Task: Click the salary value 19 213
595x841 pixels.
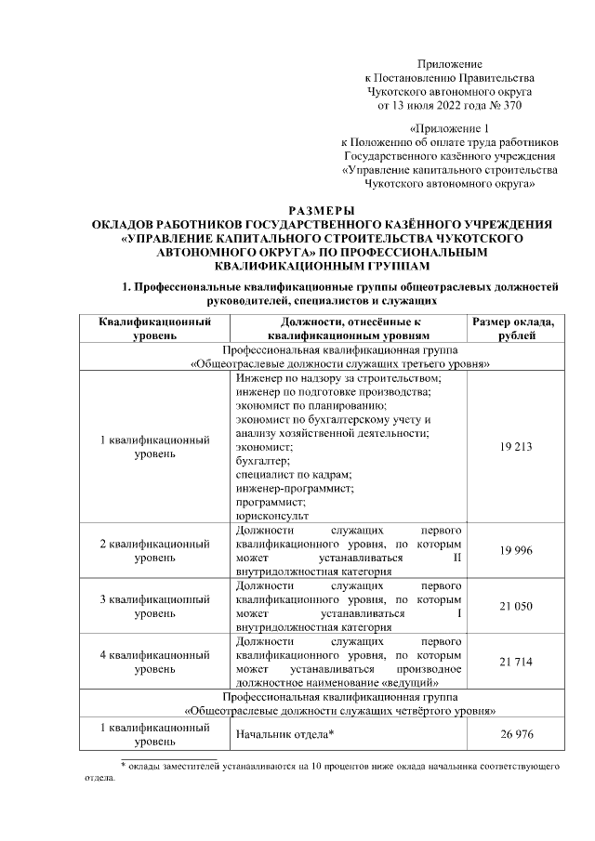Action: pos(515,446)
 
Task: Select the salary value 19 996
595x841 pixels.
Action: pos(515,551)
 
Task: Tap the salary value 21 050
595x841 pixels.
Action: pos(515,606)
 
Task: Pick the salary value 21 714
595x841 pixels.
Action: pos(515,661)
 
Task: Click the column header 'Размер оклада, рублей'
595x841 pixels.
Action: pos(515,328)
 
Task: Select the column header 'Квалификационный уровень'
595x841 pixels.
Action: pos(154,328)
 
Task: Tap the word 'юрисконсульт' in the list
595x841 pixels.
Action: pos(272,514)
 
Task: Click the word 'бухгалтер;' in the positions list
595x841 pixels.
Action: pos(263,460)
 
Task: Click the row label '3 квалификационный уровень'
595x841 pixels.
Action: pos(154,606)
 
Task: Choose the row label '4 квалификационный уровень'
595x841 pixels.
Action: pos(154,661)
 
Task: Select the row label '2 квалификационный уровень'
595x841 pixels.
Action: pos(154,551)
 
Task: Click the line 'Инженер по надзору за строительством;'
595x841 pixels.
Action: pos(338,379)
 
